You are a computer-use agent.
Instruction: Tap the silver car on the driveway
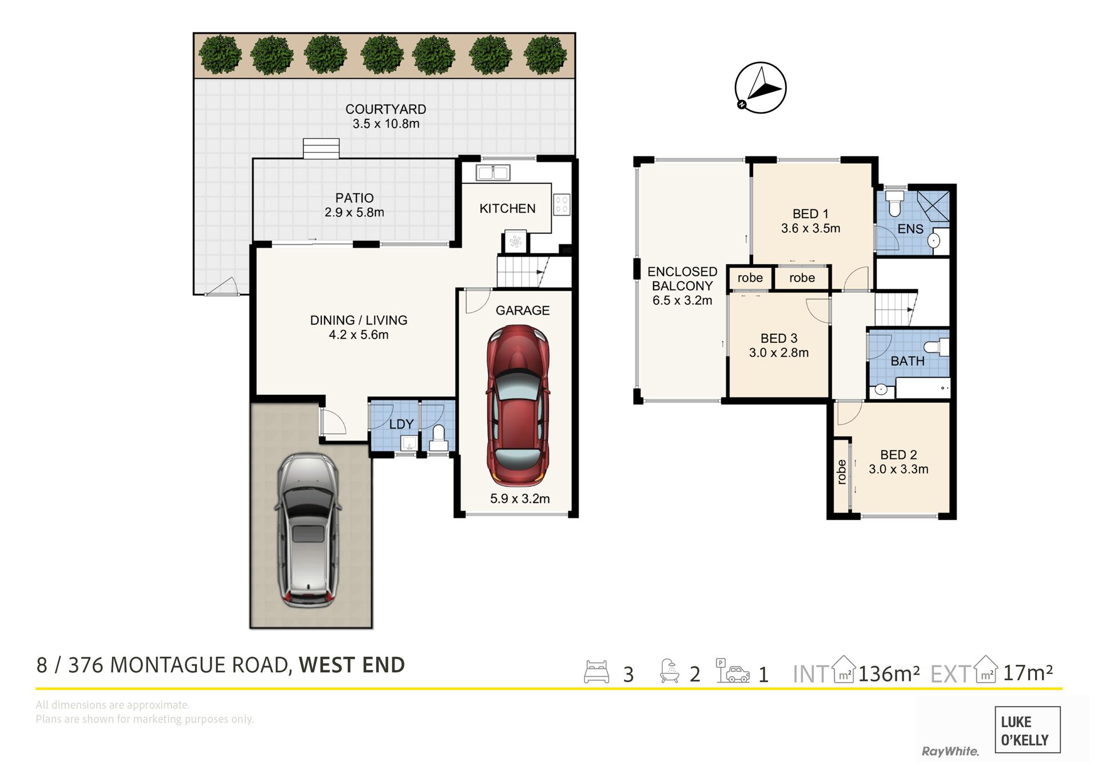point(308,530)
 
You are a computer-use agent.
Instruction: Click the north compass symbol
point(760,88)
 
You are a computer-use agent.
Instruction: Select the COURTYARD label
point(385,109)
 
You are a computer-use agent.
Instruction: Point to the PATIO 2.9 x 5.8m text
point(355,205)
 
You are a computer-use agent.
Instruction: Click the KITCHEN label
point(507,209)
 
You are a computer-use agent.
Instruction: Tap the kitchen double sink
point(492,172)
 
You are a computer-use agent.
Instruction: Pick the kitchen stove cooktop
point(561,205)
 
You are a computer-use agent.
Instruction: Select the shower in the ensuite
point(933,205)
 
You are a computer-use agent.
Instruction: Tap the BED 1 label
point(810,214)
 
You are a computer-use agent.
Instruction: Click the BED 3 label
point(779,339)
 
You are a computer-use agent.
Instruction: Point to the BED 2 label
point(898,455)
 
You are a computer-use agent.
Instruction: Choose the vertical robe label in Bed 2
point(841,472)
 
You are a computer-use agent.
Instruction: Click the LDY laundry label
point(401,425)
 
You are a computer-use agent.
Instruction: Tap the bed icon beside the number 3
point(596,672)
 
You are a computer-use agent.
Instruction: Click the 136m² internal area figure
point(889,674)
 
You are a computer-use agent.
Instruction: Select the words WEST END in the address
point(352,665)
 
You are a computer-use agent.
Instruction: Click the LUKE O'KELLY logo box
point(1028,730)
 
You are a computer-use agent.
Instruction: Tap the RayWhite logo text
point(950,751)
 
